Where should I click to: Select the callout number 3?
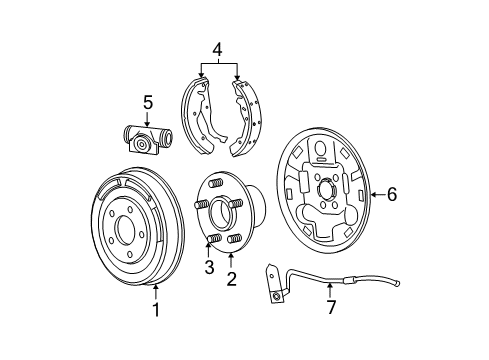click(x=209, y=267)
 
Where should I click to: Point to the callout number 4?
click(x=218, y=47)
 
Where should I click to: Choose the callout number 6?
click(x=392, y=195)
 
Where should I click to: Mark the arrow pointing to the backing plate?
click(x=376, y=195)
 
